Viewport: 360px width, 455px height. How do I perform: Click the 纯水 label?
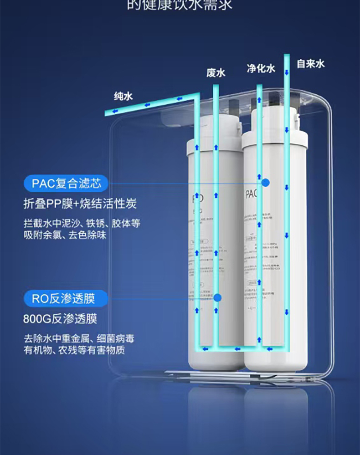coord(123,97)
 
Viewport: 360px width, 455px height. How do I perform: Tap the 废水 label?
coord(216,73)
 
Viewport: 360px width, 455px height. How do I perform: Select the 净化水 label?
coord(261,68)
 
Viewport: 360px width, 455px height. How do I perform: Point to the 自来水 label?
coord(310,63)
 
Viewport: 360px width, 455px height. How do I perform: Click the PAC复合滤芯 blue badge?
coord(66,184)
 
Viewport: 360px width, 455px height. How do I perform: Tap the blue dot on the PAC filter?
coord(266,183)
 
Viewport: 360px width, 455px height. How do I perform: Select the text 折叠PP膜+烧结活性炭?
coord(80,204)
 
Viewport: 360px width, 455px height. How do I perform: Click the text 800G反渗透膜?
coord(60,318)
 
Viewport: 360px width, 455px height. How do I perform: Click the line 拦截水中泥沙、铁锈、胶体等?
coord(82,224)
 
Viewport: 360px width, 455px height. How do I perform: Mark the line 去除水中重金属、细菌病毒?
coord(79,339)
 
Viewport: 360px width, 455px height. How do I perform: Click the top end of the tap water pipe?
coord(287,56)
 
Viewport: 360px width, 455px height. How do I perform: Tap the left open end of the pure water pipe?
coord(108,112)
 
